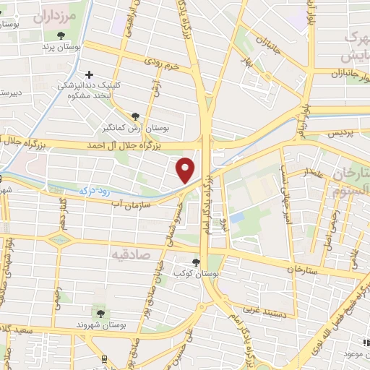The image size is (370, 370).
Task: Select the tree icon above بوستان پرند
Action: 61,35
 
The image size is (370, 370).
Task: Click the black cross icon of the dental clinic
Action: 89,74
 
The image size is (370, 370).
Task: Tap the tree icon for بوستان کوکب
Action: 197,262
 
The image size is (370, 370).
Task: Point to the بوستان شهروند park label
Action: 100,325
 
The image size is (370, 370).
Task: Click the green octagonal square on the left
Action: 60,238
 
